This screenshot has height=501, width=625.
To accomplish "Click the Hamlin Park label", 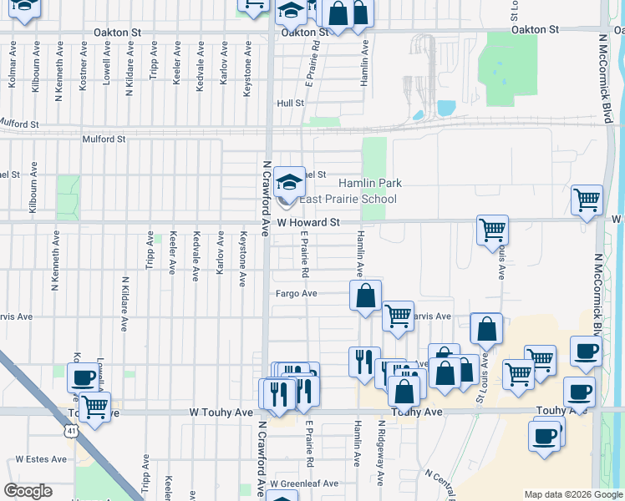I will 369,183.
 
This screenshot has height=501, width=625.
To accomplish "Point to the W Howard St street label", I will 309,223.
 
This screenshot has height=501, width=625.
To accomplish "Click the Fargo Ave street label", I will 297,294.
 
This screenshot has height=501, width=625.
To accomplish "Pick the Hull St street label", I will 290,104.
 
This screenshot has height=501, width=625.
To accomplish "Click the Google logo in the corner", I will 28,491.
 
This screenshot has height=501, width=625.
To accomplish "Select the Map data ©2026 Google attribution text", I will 572,494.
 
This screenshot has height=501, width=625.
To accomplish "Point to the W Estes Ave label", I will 40,459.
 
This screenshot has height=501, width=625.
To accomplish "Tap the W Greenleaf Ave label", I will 309,483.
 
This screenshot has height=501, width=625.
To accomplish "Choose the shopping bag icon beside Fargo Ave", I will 365,296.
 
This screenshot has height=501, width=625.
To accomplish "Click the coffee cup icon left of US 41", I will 84,377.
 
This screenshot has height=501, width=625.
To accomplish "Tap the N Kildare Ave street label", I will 124,305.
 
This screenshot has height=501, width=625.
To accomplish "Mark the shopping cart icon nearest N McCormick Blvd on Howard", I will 587,200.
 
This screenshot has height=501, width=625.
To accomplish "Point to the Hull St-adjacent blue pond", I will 446,108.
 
